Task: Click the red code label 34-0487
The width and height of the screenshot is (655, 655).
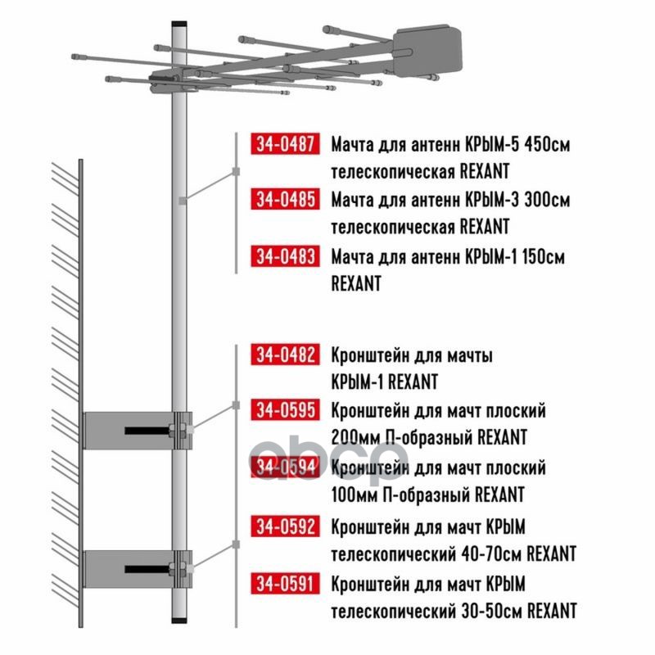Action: [285, 144]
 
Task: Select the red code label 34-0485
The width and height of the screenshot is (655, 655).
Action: [285, 199]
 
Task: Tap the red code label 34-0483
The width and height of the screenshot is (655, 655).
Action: [285, 255]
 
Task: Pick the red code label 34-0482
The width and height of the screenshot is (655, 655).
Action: [285, 355]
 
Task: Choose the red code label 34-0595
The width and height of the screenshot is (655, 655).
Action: [285, 410]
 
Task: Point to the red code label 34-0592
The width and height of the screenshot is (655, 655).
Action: [285, 526]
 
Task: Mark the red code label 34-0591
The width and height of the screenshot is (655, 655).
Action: [285, 583]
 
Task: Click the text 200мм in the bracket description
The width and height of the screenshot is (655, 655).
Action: [355, 437]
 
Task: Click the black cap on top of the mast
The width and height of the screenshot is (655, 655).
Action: [179, 25]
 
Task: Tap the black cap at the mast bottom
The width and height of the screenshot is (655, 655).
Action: [179, 620]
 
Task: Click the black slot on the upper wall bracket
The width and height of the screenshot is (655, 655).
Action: [147, 431]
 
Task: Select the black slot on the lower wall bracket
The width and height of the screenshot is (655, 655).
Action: [147, 569]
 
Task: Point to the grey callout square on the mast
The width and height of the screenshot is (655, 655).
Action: [182, 201]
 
